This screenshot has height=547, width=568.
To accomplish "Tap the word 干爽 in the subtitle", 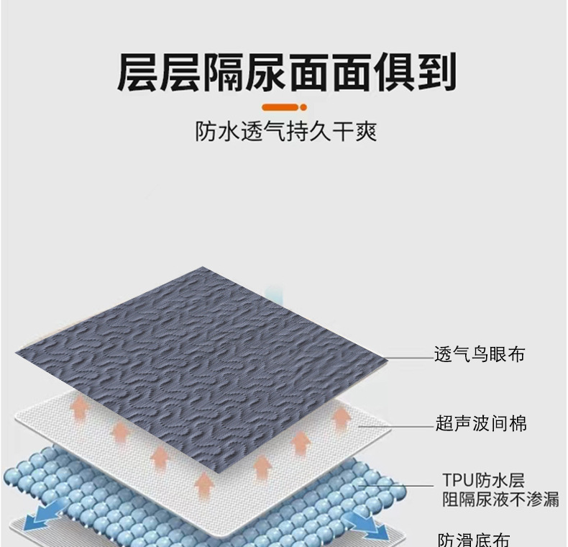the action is [357, 132].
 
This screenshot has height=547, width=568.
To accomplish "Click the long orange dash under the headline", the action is [277, 107].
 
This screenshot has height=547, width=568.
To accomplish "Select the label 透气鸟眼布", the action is [480, 354].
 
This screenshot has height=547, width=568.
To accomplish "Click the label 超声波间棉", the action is [480, 424].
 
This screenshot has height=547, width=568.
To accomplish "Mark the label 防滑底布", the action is [475, 538].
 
